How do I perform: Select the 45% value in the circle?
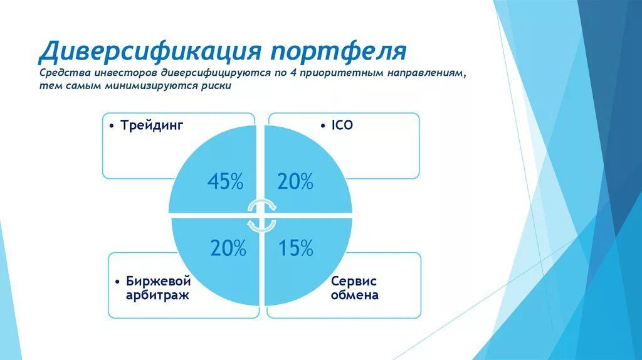coord(225,182)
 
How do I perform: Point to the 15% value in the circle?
coord(296,248)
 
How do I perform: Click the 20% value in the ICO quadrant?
coord(296,182)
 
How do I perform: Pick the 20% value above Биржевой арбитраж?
coord(228,248)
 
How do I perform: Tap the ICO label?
coord(342,125)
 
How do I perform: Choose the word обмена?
coord(355,295)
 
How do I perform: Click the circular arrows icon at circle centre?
coord(260,215)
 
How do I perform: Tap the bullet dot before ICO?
coord(325,126)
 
